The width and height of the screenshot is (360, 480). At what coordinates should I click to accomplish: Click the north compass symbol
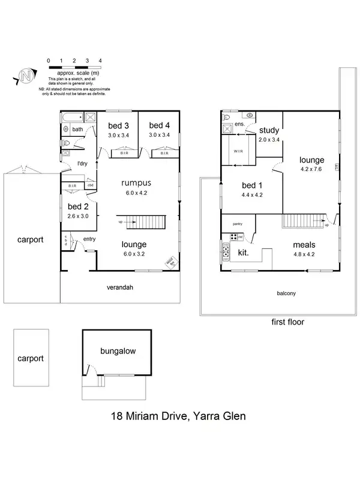[x=25, y=77]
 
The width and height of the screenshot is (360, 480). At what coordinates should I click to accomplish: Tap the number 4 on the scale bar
[x=100, y=61]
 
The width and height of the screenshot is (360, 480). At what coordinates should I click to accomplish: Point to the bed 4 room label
[x=160, y=125]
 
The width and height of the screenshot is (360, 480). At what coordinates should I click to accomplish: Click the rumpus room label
[x=136, y=182]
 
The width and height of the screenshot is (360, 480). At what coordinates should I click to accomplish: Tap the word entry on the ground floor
[x=90, y=240]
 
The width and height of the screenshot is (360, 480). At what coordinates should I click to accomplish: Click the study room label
[x=268, y=130]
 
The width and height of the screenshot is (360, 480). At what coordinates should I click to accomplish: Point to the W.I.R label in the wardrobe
[x=238, y=151]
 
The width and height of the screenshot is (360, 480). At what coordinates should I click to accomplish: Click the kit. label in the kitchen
[x=244, y=253]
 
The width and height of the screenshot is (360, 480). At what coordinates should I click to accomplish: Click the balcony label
[x=286, y=293]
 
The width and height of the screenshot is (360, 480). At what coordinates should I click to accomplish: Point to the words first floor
[x=288, y=322]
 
